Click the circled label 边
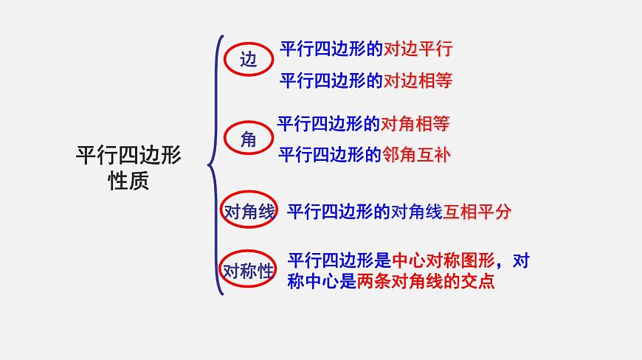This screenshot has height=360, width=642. coord(249,60)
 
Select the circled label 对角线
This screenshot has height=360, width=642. coord(249,212)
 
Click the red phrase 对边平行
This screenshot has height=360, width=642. coord(418,49)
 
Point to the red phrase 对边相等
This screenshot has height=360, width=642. coord(418,80)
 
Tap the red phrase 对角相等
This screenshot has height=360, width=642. coord(415,123)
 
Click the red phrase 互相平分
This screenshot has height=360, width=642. coord(477,212)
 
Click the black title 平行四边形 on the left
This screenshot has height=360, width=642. coord(128,155)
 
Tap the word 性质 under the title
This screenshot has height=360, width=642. coord(128,181)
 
